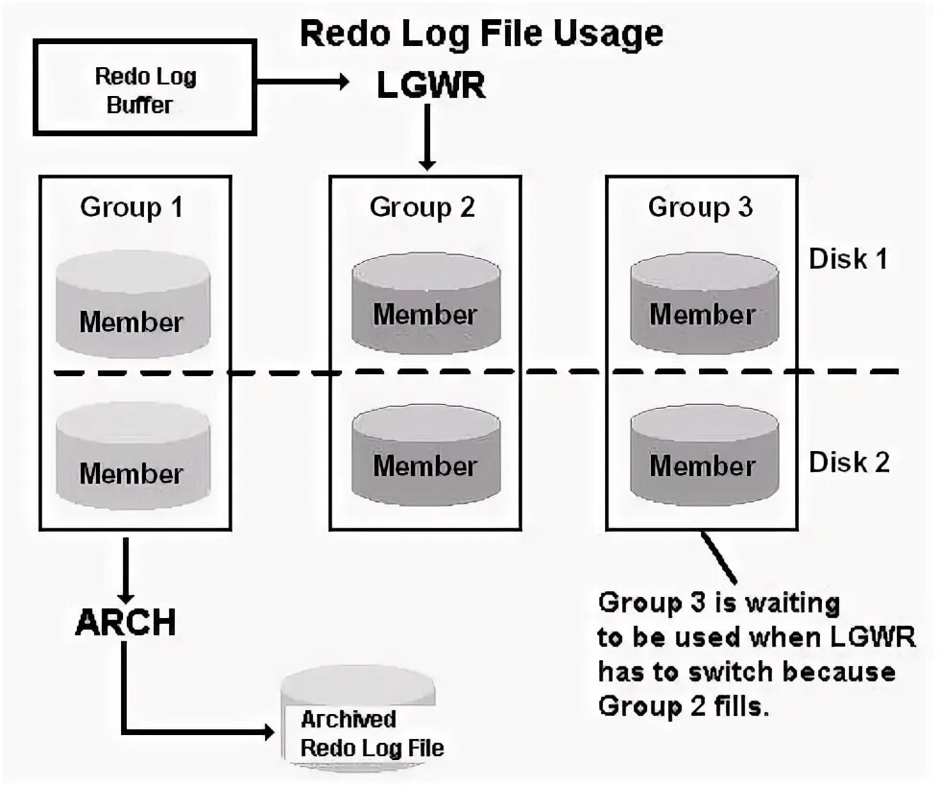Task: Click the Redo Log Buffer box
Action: (145, 87)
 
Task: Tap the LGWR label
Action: (431, 85)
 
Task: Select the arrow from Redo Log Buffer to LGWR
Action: (303, 81)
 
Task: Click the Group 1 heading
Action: (132, 207)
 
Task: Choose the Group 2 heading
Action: (422, 207)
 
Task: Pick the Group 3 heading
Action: (700, 207)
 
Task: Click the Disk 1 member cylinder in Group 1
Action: (133, 304)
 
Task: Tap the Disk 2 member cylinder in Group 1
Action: (133, 456)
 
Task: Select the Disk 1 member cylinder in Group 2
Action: (426, 303)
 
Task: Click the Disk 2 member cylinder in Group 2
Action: (426, 455)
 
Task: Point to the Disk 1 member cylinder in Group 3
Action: (704, 303)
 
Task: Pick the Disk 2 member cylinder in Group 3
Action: (704, 455)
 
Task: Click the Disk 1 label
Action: (848, 259)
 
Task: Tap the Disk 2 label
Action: (849, 463)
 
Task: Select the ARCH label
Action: (126, 622)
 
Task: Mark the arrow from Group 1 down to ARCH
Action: (126, 570)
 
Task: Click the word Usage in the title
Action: (607, 35)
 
